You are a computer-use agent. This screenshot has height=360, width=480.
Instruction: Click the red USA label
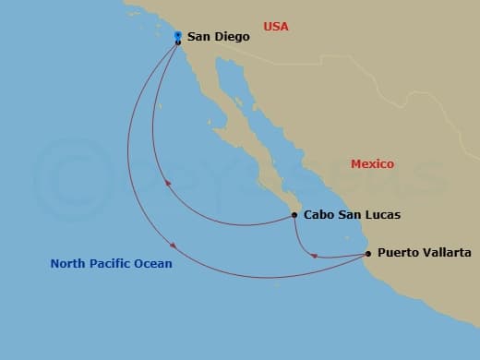pos(276,27)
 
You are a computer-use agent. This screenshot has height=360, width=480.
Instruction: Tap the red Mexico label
pos(372,164)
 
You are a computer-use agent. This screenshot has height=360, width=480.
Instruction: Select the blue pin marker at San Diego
pos(177,36)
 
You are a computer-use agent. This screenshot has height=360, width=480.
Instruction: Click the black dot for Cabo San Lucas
pos(294,215)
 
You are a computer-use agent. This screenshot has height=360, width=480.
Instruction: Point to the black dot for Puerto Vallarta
pos(368,253)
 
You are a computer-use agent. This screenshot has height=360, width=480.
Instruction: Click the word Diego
pos(231,38)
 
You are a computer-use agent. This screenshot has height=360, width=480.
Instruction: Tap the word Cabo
pos(319,215)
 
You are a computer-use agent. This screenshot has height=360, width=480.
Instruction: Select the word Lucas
pos(382,215)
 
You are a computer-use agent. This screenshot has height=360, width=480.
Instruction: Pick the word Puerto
pos(399,253)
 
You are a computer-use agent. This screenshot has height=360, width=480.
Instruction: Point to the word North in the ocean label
pos(68,264)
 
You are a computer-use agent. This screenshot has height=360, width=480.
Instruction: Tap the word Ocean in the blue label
pos(153,264)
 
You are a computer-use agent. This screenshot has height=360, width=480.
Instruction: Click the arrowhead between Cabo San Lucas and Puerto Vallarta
pos(315,256)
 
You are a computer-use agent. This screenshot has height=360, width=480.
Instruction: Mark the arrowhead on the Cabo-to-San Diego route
pos(167,183)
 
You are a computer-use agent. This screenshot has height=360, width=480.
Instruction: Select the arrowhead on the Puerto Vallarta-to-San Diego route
pos(173,245)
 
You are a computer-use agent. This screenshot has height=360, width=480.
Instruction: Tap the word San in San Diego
pos(198,38)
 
